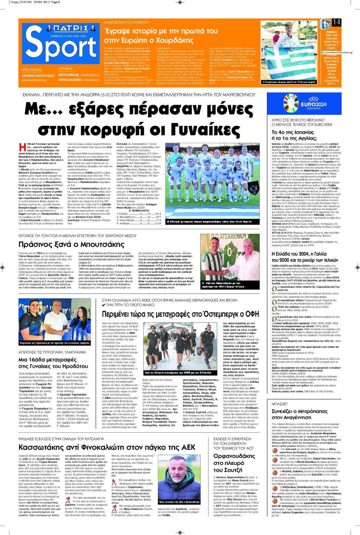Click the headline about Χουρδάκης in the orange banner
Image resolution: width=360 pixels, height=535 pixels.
click(x=160, y=33)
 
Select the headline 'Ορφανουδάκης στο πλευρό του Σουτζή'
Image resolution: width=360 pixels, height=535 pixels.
click(x=234, y=463)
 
